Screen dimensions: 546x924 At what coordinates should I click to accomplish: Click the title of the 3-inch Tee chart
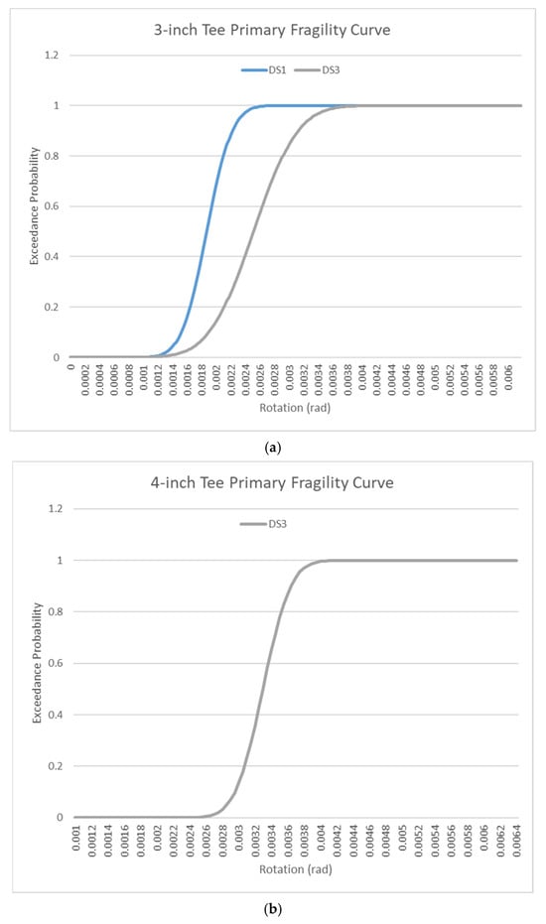[x=272, y=30]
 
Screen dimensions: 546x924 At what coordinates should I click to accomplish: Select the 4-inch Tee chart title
[x=271, y=483]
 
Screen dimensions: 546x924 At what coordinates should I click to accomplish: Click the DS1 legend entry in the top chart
[x=263, y=70]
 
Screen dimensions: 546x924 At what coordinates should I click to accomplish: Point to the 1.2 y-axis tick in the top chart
[x=52, y=56]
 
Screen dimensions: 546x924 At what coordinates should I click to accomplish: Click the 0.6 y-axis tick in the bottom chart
[x=57, y=664]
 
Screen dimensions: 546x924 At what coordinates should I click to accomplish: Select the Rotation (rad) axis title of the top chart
[x=295, y=408]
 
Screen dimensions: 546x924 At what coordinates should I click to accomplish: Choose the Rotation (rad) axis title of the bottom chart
[x=296, y=869]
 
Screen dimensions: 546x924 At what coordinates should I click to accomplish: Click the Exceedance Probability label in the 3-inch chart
[x=34, y=206]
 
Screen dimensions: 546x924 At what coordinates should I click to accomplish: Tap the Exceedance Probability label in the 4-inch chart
[x=37, y=663]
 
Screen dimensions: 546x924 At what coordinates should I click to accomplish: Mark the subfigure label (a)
[x=273, y=448]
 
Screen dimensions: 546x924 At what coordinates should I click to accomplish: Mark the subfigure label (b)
[x=273, y=910]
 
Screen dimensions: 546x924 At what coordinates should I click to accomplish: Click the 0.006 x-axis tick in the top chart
[x=508, y=378]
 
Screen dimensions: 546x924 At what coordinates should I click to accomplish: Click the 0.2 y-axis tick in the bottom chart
[x=57, y=766]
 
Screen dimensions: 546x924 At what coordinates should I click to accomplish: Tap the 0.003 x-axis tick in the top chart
[x=290, y=378]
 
